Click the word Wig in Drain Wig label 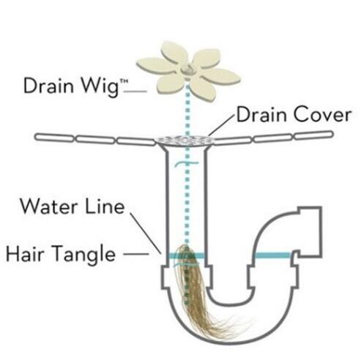click(x=100, y=87)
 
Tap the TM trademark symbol click(x=124, y=83)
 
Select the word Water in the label click(x=48, y=206)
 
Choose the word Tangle click(x=84, y=255)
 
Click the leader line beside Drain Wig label click(x=135, y=91)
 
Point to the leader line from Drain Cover click(x=221, y=125)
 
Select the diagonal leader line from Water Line click(x=146, y=233)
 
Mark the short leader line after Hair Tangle click(x=136, y=254)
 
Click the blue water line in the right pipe click(x=272, y=255)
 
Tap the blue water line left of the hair click(x=173, y=255)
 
